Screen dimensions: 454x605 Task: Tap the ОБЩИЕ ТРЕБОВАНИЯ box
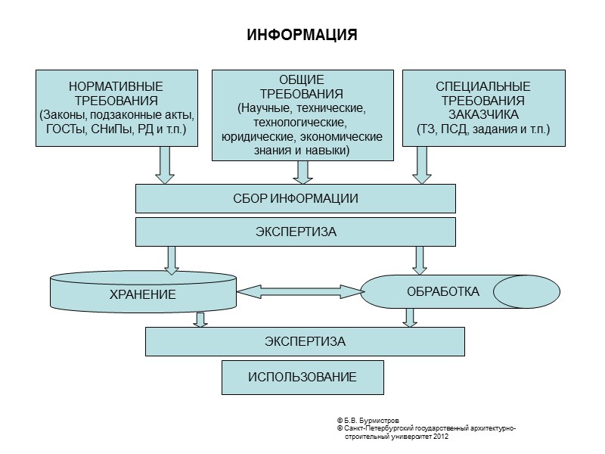coord(302,115)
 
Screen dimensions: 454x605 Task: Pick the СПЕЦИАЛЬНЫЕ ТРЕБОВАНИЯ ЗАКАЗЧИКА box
coord(482,107)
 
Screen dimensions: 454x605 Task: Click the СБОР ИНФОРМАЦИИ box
coord(295,198)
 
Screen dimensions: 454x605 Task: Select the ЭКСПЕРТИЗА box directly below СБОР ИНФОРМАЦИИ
coord(295,232)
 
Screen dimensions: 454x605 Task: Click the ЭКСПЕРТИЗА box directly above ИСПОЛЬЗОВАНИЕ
coord(305,341)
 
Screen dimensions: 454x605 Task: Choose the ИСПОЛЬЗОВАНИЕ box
coord(302,377)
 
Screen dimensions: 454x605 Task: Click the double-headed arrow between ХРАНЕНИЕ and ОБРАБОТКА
coord(299,291)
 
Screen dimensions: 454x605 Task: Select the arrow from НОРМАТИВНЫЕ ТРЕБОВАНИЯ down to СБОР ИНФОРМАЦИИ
coord(165,164)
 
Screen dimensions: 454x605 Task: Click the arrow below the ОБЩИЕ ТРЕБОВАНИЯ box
coord(302,172)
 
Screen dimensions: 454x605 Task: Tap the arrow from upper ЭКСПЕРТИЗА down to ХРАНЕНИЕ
coord(172,259)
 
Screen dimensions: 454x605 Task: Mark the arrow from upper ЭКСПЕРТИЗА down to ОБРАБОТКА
coord(419,259)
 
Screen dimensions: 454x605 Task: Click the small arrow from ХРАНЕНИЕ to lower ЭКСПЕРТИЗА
coord(200,319)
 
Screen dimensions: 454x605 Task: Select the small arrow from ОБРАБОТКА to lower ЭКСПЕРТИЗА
coord(409,317)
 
